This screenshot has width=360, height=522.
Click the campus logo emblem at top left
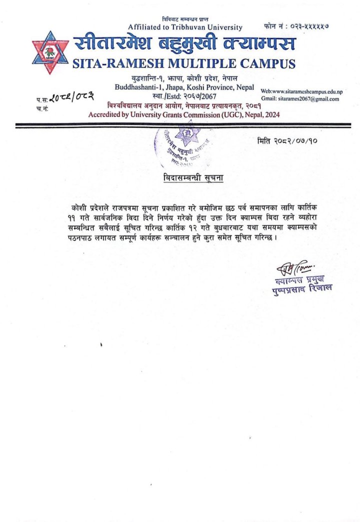click(50, 53)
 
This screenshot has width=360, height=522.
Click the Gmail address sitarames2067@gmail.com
click(306, 99)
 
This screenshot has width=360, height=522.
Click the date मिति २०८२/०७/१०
click(288, 141)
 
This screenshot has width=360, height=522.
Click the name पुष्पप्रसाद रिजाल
click(302, 288)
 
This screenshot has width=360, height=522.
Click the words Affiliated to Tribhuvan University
click(185, 27)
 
